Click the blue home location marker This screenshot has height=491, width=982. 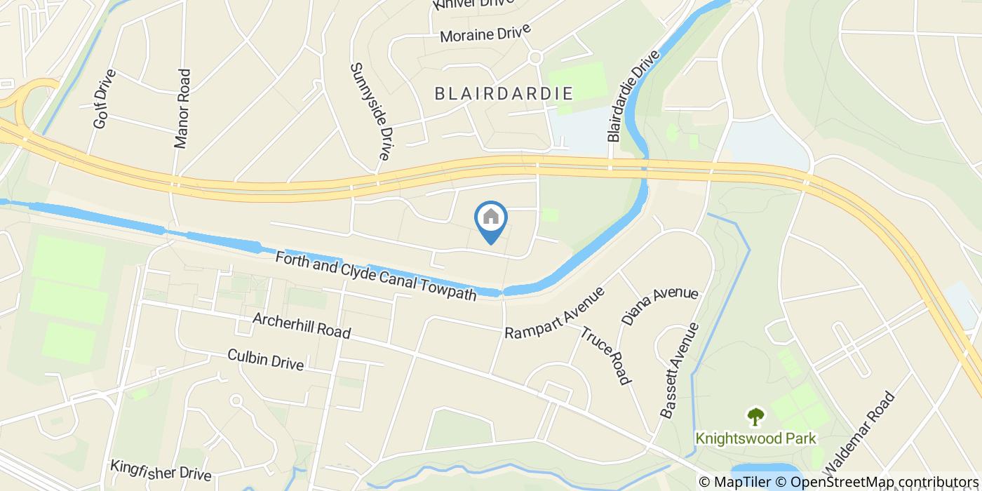pos(491,219)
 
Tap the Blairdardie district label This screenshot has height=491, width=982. pos(504,93)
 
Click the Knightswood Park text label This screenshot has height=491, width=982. pos(755,439)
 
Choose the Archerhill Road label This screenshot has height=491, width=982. pos(302,325)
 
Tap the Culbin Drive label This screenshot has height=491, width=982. pos(265,359)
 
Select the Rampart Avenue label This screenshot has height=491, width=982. pos(554,313)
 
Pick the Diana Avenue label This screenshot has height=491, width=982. pos(659,306)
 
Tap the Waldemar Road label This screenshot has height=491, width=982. pos(861,432)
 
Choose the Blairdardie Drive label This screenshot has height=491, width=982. pos(634,96)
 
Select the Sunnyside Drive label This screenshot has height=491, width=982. pos(370,111)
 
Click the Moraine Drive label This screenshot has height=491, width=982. pos(485,33)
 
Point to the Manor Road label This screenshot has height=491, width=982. pos(182,108)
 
